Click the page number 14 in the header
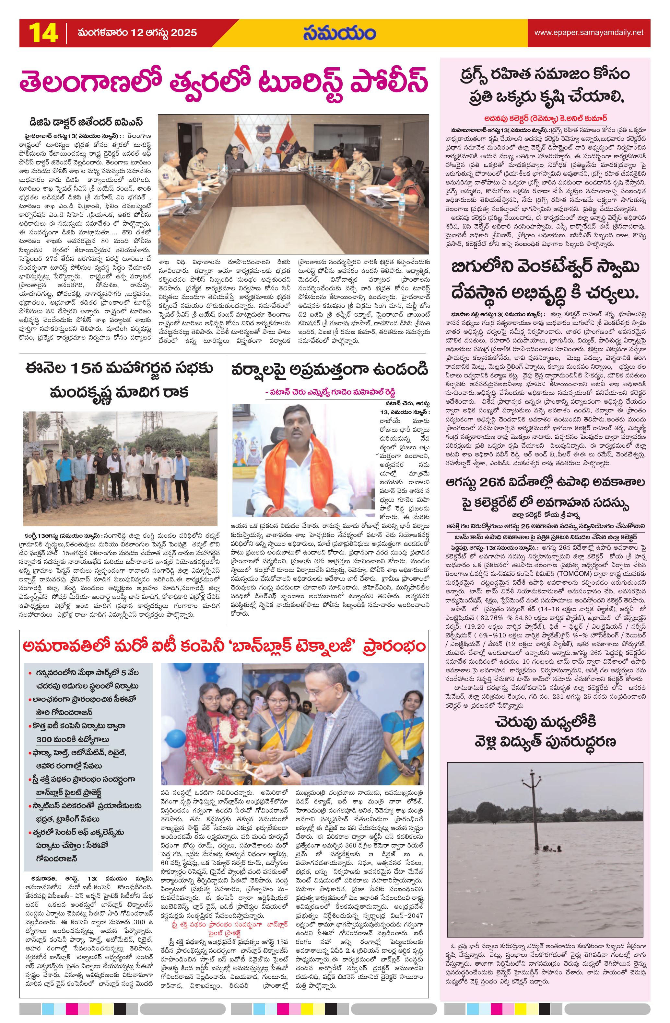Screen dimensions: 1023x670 click(43, 33)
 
